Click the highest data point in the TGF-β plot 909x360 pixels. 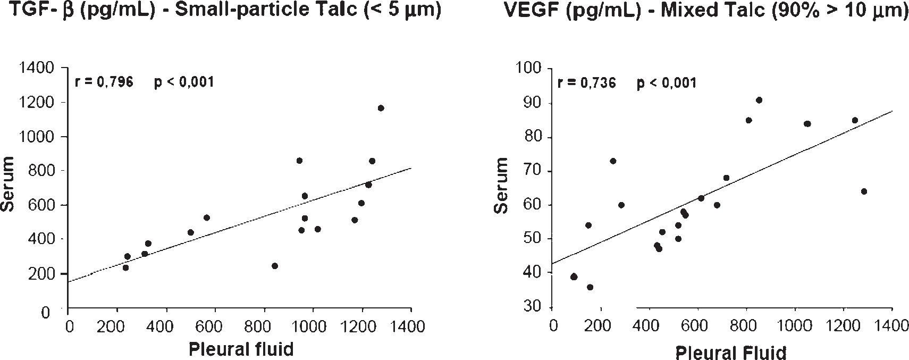pos(381,108)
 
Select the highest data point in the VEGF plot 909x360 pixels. pos(759,100)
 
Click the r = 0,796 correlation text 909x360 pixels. pos(104,82)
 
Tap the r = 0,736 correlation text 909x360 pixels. pos(586,83)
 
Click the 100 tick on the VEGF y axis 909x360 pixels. pos(531,69)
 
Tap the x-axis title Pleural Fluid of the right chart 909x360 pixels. pos(730,352)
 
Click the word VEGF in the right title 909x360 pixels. pos(534,10)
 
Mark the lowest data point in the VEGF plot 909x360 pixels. pos(590,287)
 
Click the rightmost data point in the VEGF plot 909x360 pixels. pos(864,191)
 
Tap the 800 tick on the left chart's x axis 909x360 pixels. pos(264,326)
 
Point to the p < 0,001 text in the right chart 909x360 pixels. pos(666,83)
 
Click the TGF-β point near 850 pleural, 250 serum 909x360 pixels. pos(275,266)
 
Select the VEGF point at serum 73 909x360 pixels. pos(613,161)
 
